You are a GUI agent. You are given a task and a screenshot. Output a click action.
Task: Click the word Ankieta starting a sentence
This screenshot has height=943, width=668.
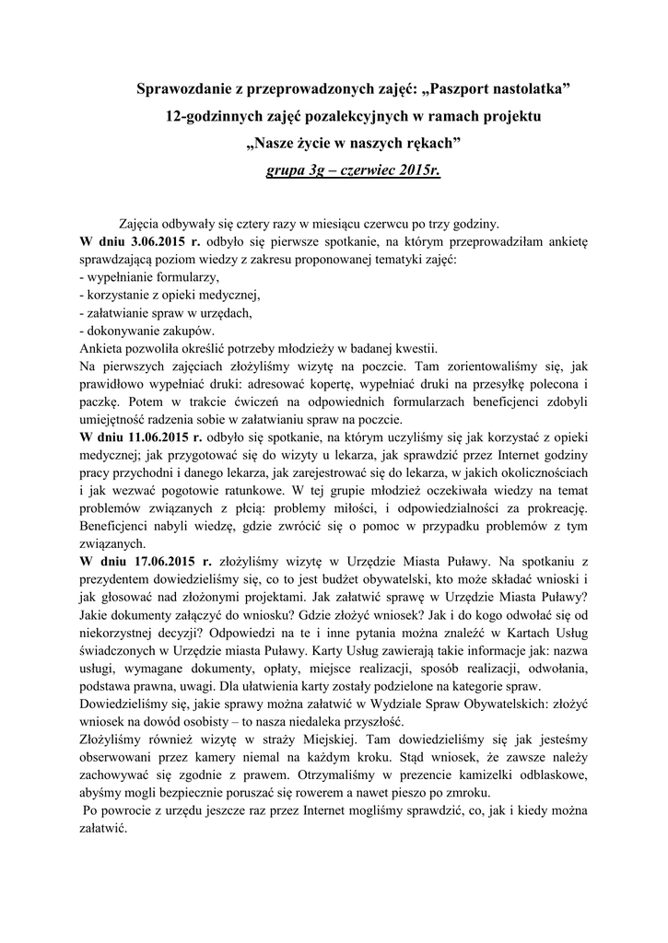pyautogui.click(x=103, y=348)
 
